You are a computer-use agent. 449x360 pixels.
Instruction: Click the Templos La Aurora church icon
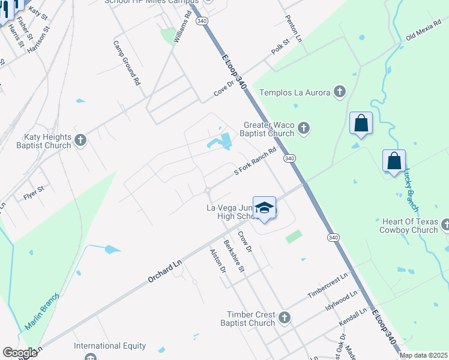(340, 92)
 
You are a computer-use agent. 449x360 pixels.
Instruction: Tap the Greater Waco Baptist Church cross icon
(304, 128)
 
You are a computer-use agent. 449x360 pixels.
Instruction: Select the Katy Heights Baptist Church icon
(80, 140)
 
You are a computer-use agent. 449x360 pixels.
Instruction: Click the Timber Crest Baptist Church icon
(285, 317)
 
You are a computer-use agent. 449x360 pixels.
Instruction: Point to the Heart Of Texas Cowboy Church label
(408, 226)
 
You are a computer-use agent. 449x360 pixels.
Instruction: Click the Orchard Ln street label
(164, 271)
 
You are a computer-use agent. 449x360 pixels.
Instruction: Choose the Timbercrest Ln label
(328, 286)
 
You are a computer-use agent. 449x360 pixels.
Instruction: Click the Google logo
(20, 353)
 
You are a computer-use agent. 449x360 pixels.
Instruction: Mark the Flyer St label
(34, 192)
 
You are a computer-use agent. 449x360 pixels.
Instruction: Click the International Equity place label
(110, 346)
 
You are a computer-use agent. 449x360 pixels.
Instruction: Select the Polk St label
(280, 47)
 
